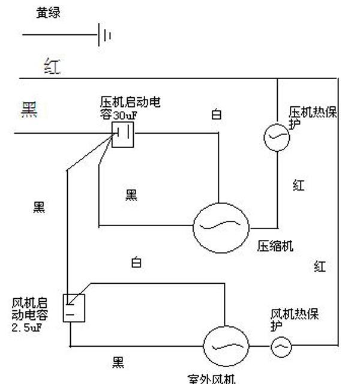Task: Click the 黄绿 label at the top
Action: (x=48, y=13)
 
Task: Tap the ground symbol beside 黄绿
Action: (x=104, y=35)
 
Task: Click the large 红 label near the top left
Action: (x=53, y=66)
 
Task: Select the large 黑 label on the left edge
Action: (x=29, y=110)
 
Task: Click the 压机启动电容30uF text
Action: (x=130, y=108)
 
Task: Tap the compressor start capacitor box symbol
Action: (x=123, y=134)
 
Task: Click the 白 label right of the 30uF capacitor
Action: (x=216, y=114)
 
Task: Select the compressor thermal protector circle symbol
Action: (x=277, y=137)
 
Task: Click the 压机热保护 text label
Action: (x=312, y=118)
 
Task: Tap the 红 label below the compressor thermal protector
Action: (x=298, y=185)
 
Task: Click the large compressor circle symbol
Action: (x=221, y=226)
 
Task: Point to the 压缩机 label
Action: (x=275, y=246)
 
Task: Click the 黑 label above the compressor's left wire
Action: (x=131, y=194)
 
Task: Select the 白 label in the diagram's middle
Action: (x=137, y=262)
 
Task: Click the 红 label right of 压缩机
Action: (x=319, y=266)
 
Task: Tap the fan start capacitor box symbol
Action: (x=74, y=308)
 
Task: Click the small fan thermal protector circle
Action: (x=281, y=346)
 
